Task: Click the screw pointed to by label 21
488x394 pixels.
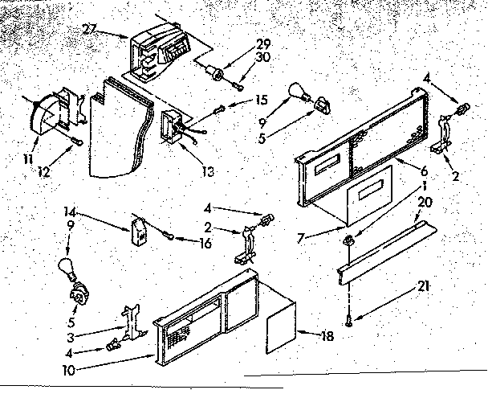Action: tap(349, 322)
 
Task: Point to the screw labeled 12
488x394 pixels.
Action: tap(75, 142)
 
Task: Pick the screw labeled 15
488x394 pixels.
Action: tap(221, 109)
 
